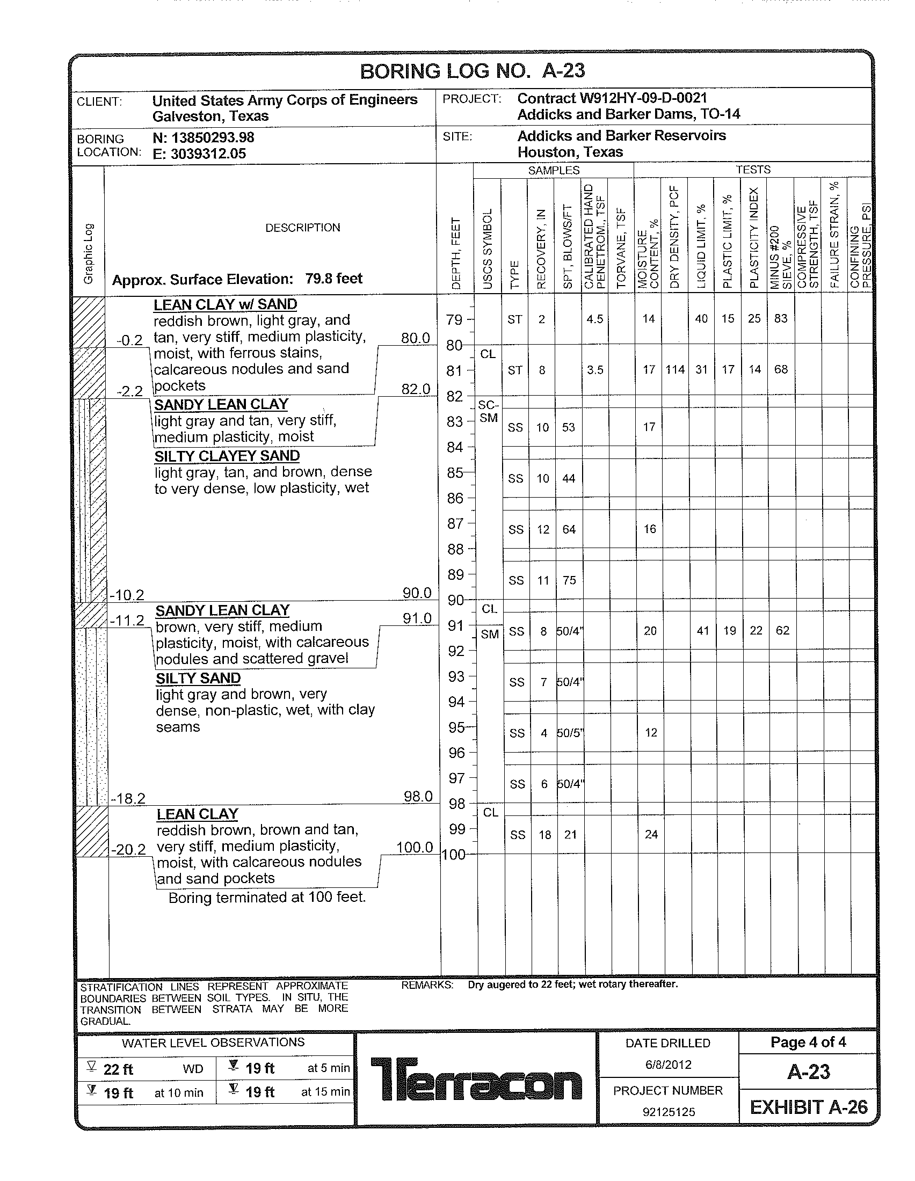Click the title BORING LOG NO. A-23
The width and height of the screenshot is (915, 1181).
click(x=472, y=71)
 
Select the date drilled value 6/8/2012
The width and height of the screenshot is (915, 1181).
click(x=668, y=1064)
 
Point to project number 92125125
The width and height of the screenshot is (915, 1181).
click(x=669, y=1112)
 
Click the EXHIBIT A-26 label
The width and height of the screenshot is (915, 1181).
click(x=809, y=1107)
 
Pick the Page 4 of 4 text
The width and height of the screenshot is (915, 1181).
click(x=808, y=1042)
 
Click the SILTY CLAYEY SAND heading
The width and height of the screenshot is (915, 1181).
click(x=227, y=456)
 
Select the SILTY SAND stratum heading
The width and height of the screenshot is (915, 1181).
click(x=198, y=678)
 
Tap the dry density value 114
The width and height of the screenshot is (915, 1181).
click(x=675, y=369)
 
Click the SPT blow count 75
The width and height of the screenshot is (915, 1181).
click(x=569, y=580)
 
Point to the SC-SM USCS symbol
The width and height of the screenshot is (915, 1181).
click(x=488, y=412)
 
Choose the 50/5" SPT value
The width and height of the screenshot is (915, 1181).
click(x=570, y=733)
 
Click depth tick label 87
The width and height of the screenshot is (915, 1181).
click(x=455, y=523)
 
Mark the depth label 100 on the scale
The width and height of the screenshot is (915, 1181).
click(x=454, y=855)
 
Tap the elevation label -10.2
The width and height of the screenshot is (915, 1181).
click(x=127, y=595)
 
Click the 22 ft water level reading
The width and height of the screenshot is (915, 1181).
click(x=118, y=1069)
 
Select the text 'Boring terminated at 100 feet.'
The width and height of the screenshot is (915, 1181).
click(x=267, y=898)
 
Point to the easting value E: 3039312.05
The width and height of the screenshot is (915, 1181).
click(x=199, y=154)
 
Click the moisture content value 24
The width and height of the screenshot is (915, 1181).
click(x=651, y=834)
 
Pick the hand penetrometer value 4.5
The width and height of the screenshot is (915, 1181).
click(x=595, y=319)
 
